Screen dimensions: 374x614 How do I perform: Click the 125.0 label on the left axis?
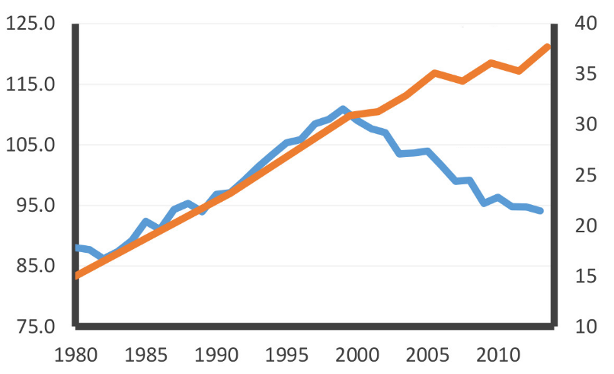(x=30, y=24)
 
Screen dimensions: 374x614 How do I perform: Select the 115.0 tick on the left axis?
(x=30, y=85)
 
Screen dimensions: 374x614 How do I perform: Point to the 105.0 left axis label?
(x=30, y=145)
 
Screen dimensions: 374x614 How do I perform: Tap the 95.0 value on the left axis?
(x=35, y=206)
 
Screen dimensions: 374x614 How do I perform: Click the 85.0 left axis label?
(x=35, y=266)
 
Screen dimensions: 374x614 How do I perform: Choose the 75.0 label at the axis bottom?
(x=35, y=327)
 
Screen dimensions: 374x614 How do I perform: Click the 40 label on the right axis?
(x=583, y=24)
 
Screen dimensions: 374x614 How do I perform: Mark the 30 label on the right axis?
(x=583, y=125)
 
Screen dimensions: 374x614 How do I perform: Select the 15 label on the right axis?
(x=583, y=277)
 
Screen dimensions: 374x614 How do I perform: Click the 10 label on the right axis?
(x=583, y=327)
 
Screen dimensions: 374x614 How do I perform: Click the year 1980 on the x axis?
(x=77, y=355)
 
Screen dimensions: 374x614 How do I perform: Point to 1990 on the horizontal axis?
(x=217, y=355)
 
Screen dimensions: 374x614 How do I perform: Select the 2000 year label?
(x=357, y=355)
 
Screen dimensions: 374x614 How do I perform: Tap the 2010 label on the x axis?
(x=497, y=355)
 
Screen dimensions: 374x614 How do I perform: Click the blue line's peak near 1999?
(x=343, y=110)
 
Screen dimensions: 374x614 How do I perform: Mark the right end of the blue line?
(x=541, y=211)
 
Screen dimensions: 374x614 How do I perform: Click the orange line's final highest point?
(x=548, y=47)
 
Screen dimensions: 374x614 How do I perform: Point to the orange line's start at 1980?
(x=77, y=276)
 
